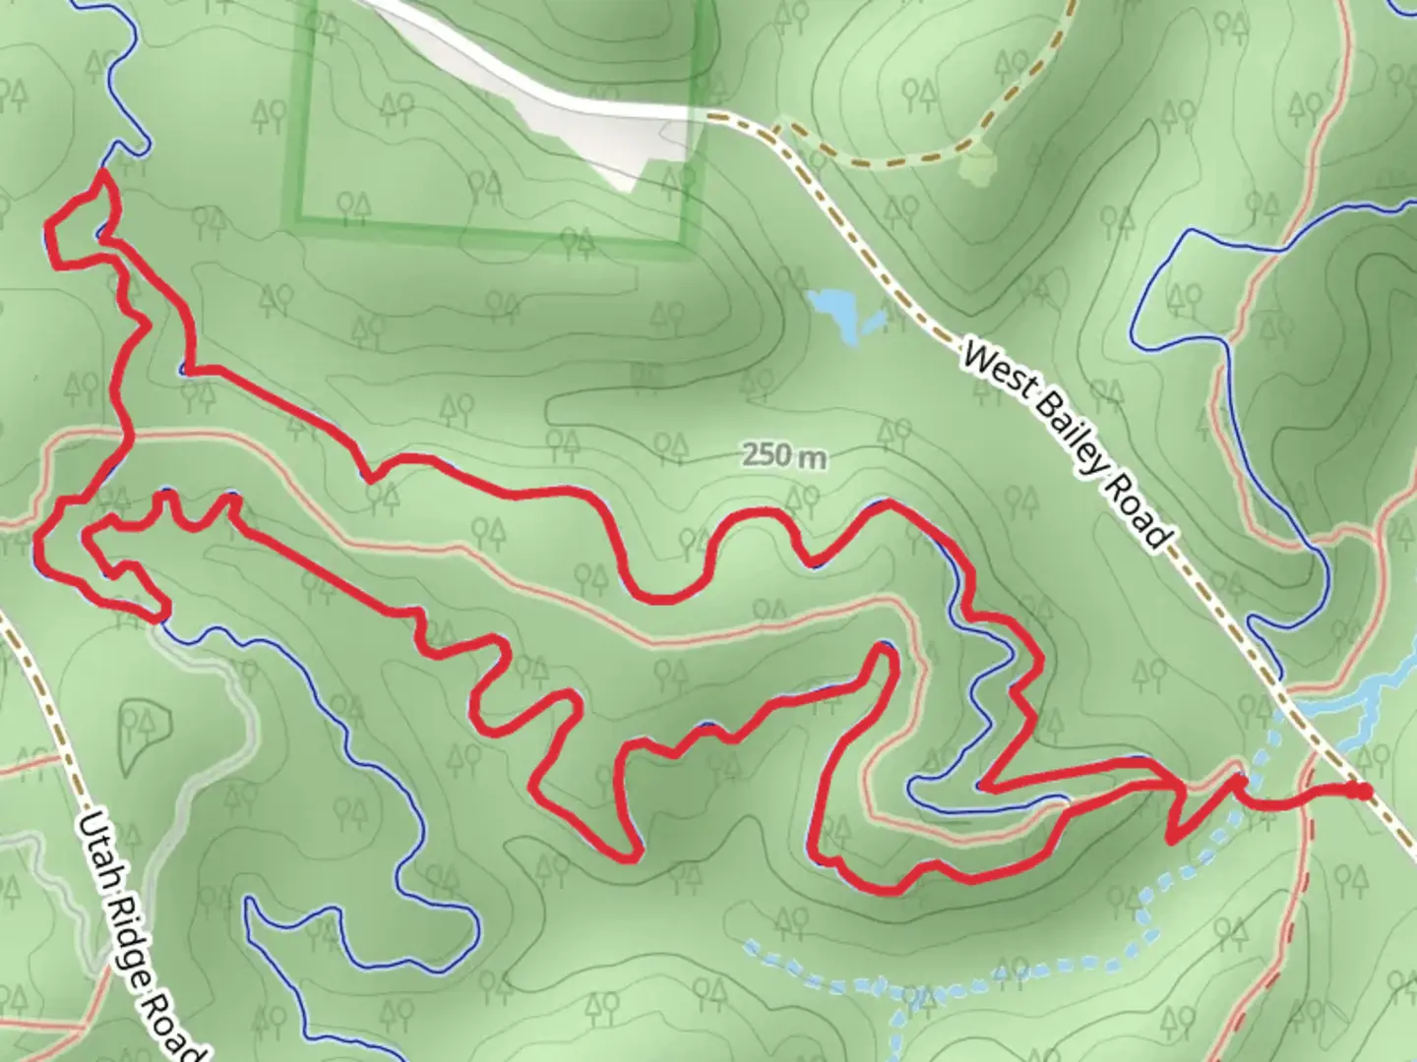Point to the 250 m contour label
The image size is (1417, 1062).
click(x=784, y=456)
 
